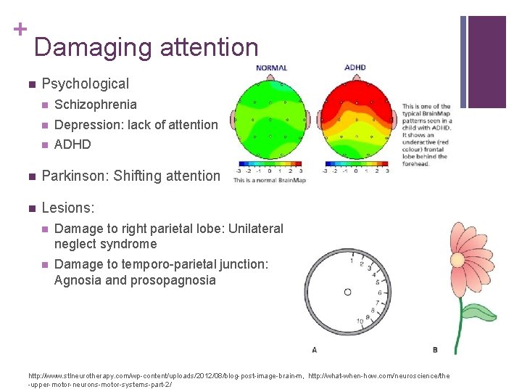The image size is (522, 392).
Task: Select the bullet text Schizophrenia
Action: click(x=95, y=105)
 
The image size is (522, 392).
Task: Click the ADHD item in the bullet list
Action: click(x=72, y=144)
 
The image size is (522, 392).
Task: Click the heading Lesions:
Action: click(x=68, y=208)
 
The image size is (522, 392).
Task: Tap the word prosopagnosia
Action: click(x=173, y=280)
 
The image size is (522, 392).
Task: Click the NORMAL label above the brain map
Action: click(x=271, y=68)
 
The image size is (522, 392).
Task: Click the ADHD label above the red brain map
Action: click(x=355, y=68)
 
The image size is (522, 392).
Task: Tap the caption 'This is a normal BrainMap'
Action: click(x=269, y=180)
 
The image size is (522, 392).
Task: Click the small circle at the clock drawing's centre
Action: click(x=347, y=292)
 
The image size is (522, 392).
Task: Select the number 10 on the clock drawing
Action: click(x=360, y=322)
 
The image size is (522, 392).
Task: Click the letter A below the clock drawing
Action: click(x=314, y=350)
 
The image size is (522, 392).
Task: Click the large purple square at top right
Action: click(x=487, y=61)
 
